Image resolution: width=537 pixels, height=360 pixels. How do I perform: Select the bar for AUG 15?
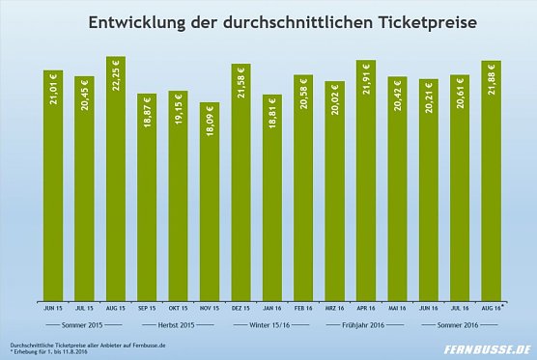tap(115, 179)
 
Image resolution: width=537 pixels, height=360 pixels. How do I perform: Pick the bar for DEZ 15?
tap(240, 181)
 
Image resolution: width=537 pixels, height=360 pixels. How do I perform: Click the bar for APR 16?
tap(365, 180)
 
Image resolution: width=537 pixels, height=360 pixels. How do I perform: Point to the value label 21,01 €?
tap(53, 96)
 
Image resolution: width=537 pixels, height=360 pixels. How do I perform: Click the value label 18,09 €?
tap(210, 122)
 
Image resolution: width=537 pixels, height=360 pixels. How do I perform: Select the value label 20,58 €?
tap(303, 97)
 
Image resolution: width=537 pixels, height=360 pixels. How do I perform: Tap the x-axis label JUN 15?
tap(53, 309)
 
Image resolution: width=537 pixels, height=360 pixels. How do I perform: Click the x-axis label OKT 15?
tap(178, 309)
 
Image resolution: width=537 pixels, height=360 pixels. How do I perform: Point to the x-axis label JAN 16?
tap(271, 309)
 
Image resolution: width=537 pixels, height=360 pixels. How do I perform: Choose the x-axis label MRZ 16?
tap(334, 309)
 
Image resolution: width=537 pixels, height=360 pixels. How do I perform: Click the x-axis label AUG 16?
tap(491, 309)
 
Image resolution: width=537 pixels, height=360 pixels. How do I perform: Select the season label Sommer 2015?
tap(84, 325)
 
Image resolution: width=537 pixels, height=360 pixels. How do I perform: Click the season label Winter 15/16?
tap(271, 325)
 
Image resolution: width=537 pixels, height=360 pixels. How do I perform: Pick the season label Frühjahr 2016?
tap(365, 325)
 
